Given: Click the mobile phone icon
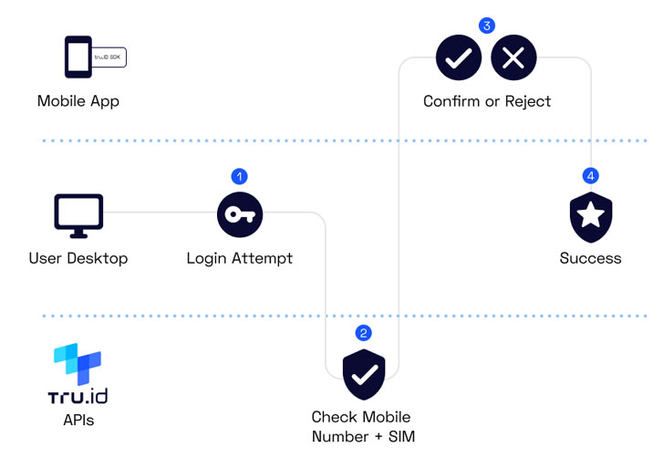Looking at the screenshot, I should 78,57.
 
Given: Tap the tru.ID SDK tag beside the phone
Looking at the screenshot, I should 109,57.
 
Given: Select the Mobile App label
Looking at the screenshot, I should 78,100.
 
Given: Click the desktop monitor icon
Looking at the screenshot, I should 78,214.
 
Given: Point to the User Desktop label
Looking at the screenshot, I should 78,258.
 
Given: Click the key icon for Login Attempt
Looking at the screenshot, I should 240,215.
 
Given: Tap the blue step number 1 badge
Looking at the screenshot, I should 240,176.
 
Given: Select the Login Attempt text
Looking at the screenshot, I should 240,258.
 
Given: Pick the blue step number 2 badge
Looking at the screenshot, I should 364,333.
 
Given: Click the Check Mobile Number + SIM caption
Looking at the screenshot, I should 363,426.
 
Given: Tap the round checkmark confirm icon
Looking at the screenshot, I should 459,58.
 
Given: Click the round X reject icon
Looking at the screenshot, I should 514,58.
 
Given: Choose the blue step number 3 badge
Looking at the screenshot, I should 487,26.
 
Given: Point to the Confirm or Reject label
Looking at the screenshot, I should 487,100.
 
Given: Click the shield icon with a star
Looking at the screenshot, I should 591,216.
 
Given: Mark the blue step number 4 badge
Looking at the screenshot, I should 591,175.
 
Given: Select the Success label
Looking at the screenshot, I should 591,258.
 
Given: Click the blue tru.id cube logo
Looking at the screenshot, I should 78,364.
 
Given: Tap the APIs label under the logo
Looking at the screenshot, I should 78,421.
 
